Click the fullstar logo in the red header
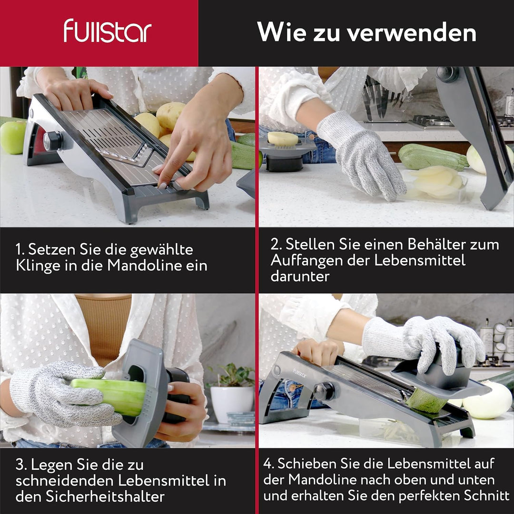[x=108, y=31]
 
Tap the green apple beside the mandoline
[x=13, y=137]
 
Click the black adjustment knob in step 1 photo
[x=53, y=141]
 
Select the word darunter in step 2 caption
[x=300, y=276]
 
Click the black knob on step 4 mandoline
[x=324, y=391]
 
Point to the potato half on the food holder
[x=283, y=138]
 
